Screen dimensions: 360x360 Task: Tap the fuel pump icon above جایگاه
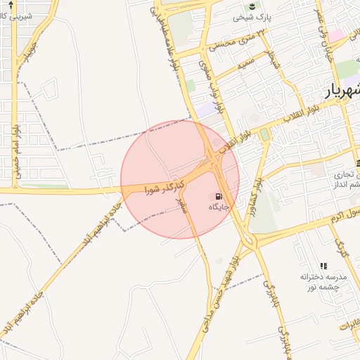[x=219, y=196]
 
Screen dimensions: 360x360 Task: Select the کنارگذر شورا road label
[x=165, y=187]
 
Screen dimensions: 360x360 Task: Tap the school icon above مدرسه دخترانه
[x=323, y=266]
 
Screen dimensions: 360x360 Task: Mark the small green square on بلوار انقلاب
[x=264, y=134]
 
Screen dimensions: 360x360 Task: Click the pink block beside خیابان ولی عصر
[x=336, y=34]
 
